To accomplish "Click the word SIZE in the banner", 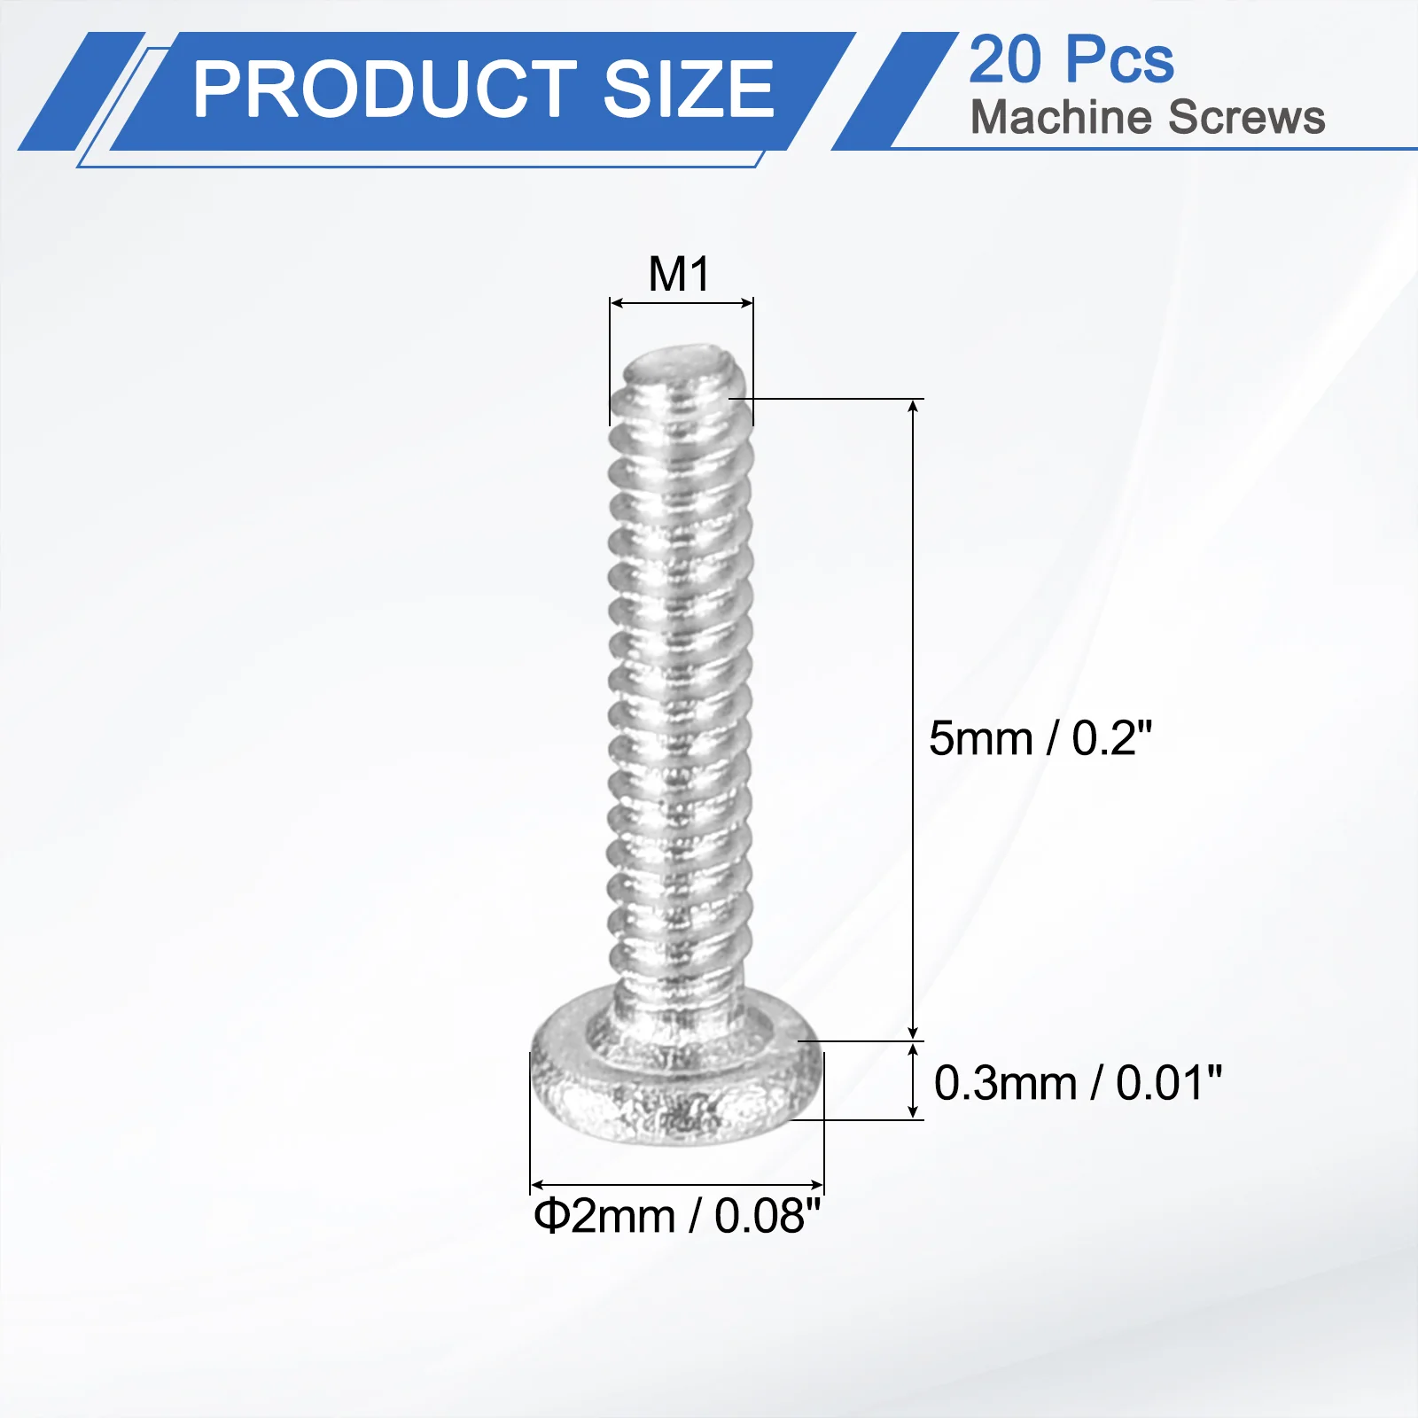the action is click(x=690, y=89).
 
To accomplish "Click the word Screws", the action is click(x=1246, y=117).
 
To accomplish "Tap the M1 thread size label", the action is click(x=680, y=274).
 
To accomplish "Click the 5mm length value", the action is click(x=981, y=738).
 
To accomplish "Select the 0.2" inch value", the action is click(x=1112, y=738).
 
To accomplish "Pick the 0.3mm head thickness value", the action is click(x=1005, y=1083).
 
